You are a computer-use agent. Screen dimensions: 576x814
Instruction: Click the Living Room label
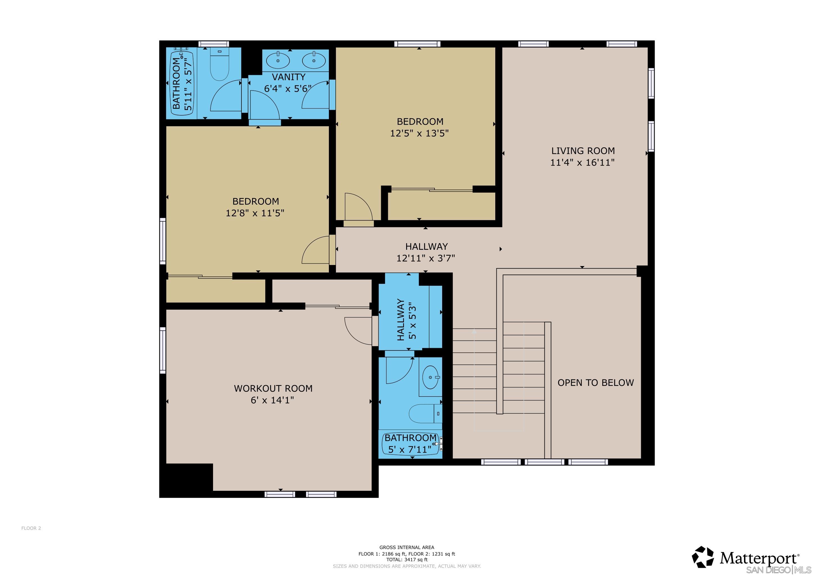tap(582, 151)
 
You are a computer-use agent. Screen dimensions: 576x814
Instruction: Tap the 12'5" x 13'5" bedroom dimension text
tap(419, 133)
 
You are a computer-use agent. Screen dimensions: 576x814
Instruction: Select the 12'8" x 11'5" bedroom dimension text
tap(255, 213)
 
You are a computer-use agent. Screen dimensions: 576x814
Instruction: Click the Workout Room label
tap(273, 388)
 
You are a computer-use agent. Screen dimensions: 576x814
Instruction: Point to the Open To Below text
tap(595, 383)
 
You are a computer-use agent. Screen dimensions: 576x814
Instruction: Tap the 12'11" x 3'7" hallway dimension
tap(426, 258)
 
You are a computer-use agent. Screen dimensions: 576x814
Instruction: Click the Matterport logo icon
tap(703, 557)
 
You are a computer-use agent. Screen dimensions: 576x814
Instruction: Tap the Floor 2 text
tap(31, 528)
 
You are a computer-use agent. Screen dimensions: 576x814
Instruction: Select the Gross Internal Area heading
tap(407, 547)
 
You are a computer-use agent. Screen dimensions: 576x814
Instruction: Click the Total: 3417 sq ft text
tap(407, 560)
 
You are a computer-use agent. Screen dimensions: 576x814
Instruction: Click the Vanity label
tap(288, 77)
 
